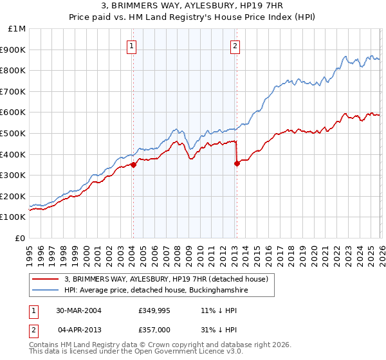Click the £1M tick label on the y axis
click(x=17, y=29)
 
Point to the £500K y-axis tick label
click(x=15, y=134)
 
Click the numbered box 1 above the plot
click(x=132, y=46)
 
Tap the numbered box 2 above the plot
click(x=235, y=46)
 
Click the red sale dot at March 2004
click(x=133, y=165)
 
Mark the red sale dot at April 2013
click(x=237, y=163)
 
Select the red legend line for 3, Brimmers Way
click(x=46, y=279)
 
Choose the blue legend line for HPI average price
click(x=46, y=291)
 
